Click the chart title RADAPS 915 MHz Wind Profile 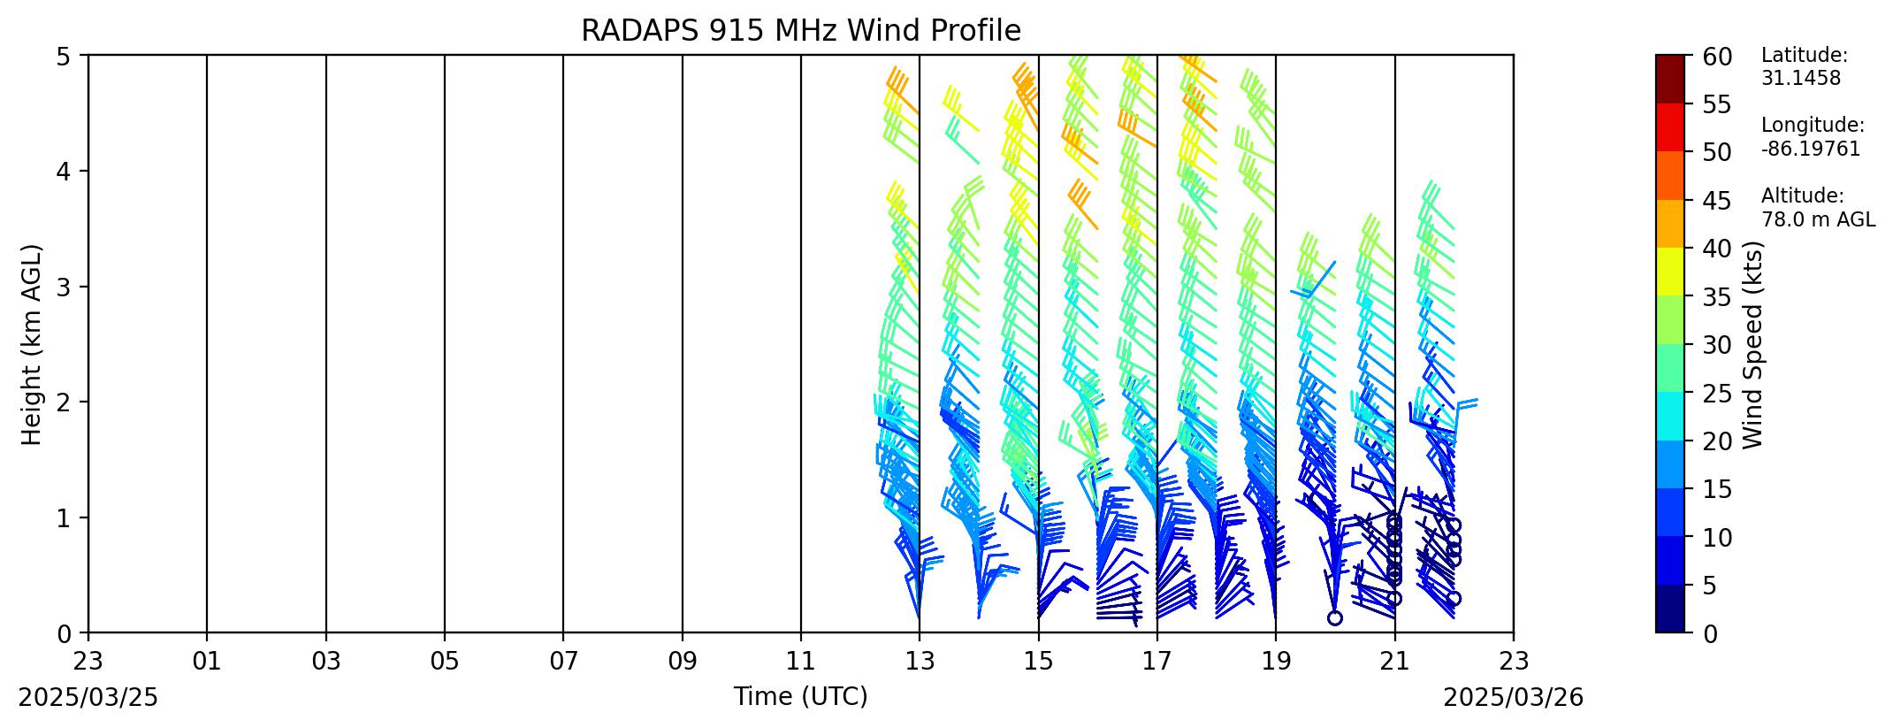click(x=800, y=31)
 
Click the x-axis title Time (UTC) click(x=800, y=697)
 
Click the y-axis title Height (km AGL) click(x=32, y=344)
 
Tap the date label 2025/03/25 click(x=88, y=698)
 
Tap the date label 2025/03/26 click(x=1514, y=698)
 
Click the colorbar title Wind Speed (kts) click(x=1753, y=344)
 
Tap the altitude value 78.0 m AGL click(x=1818, y=219)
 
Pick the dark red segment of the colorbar click(x=1670, y=80)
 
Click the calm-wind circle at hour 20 click(x=1335, y=617)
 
